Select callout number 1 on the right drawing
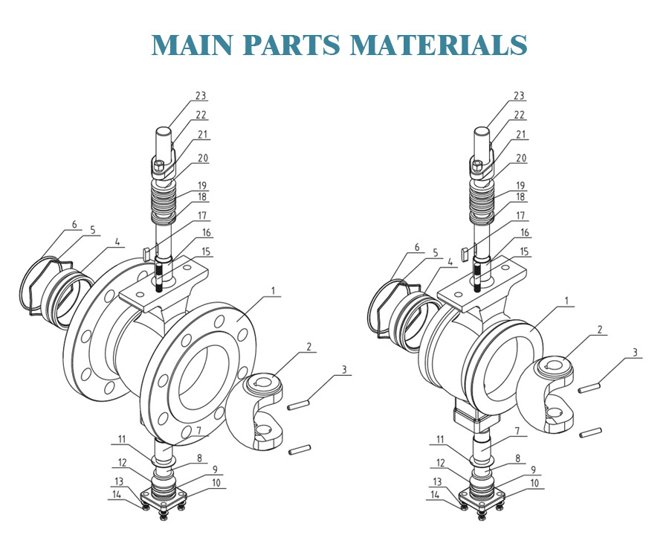coord(567,302)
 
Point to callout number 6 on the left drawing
coord(74,224)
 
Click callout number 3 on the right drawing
coord(636,352)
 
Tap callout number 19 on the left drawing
coord(201,185)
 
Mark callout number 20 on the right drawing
coord(520,158)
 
